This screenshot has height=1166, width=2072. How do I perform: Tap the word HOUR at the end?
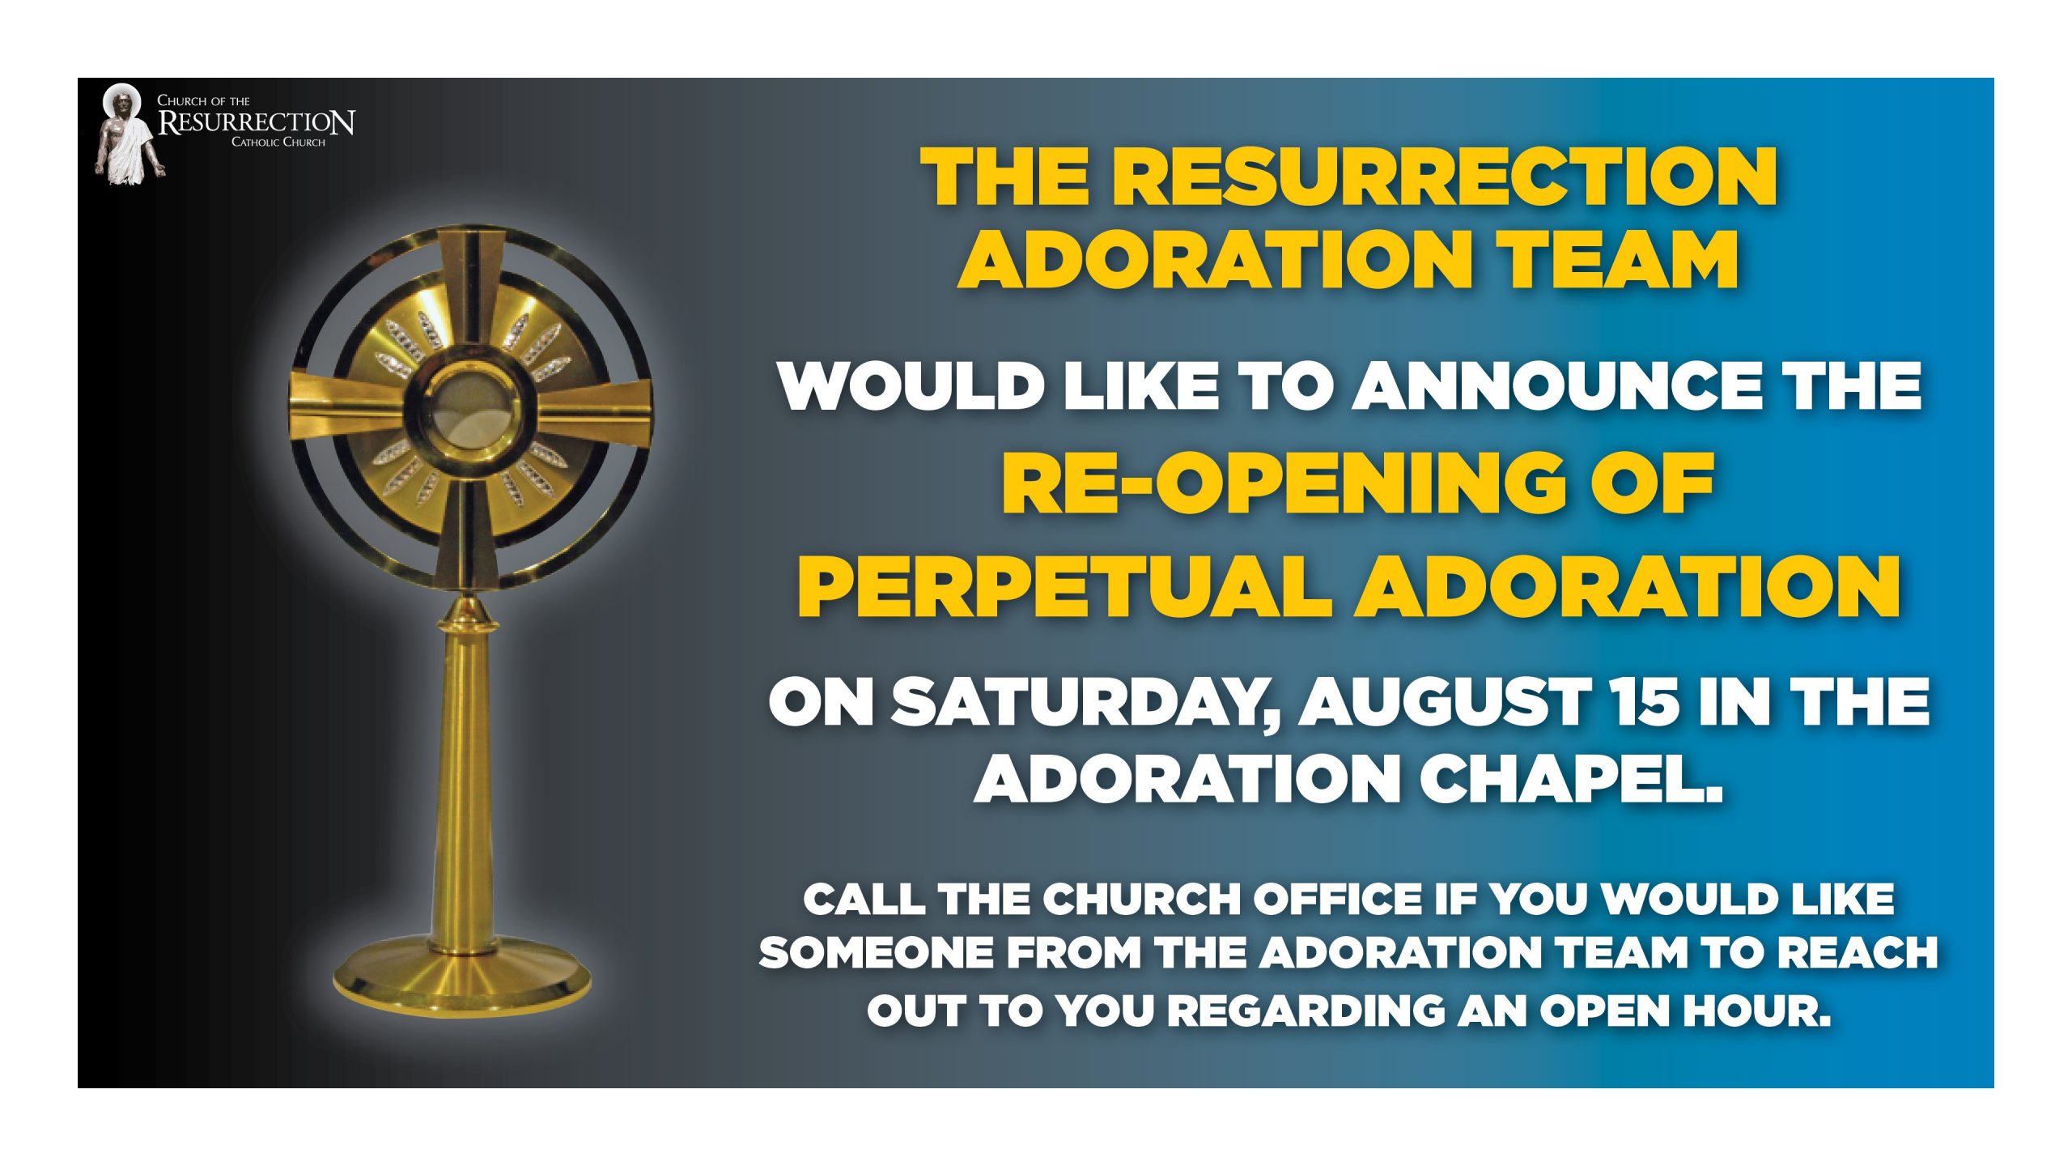1757,1011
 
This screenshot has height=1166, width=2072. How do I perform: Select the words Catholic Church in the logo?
278,143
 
